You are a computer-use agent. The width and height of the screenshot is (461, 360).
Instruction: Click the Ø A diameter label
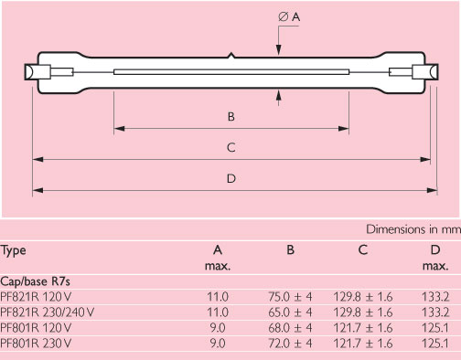pos(289,16)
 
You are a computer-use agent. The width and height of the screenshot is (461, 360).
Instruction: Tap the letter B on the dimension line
pos(231,117)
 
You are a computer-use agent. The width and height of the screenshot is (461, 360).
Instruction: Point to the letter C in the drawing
pos(231,148)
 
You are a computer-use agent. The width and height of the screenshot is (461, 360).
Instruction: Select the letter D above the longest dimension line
pos(231,178)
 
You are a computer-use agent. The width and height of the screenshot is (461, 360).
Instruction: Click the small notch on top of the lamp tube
pos(231,55)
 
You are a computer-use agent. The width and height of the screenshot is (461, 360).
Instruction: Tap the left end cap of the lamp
pos(38,72)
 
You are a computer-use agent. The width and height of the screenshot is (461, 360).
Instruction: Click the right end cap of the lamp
pos(425,72)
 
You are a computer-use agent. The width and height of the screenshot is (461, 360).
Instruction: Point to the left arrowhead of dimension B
pos(119,129)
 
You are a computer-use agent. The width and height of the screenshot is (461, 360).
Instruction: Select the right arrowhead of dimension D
pos(432,190)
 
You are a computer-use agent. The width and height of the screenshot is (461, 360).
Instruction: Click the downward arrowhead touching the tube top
pos(278,49)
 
